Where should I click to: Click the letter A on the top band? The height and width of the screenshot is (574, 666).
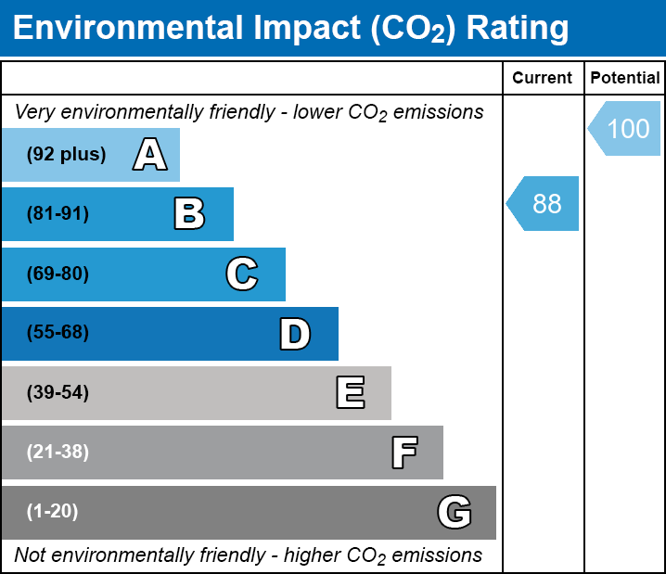click(150, 155)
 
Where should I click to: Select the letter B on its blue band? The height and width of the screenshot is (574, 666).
click(189, 214)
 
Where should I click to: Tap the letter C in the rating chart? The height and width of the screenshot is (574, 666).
click(241, 274)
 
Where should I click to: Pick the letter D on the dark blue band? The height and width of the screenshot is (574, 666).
click(295, 334)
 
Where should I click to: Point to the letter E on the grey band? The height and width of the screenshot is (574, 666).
click(350, 393)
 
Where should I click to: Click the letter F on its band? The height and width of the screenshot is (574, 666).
click(403, 453)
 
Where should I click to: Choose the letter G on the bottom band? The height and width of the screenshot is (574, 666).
click(455, 512)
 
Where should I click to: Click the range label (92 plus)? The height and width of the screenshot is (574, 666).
click(66, 155)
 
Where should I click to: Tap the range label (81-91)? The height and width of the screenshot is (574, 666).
click(58, 214)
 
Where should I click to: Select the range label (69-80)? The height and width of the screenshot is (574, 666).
click(58, 274)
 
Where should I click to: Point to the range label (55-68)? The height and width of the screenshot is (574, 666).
click(58, 333)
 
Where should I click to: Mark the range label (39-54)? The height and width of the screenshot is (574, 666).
click(58, 393)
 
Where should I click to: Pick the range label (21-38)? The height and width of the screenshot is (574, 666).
click(58, 453)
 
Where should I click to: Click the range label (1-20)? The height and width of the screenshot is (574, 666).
click(53, 512)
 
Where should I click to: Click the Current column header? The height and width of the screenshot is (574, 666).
click(543, 78)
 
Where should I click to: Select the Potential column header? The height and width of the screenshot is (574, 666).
click(625, 78)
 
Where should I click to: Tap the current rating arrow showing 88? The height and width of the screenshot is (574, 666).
click(544, 203)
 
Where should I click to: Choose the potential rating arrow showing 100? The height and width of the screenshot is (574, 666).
click(625, 128)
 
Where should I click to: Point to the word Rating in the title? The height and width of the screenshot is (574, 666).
click(517, 28)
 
